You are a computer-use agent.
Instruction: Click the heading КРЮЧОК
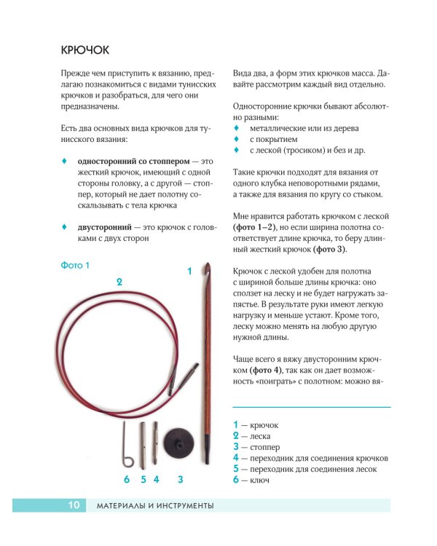(x=85, y=50)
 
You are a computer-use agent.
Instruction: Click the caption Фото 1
(x=75, y=266)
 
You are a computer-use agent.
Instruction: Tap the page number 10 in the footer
(x=74, y=505)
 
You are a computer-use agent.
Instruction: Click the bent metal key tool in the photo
(x=127, y=445)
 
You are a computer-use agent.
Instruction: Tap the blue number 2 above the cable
(x=119, y=281)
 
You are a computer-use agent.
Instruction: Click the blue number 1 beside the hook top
(x=189, y=271)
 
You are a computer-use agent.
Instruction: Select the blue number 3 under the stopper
(x=179, y=479)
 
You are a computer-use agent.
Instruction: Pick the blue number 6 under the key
(x=127, y=479)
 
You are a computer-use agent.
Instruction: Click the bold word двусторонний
(x=105, y=226)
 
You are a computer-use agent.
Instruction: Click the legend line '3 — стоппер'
(x=256, y=446)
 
